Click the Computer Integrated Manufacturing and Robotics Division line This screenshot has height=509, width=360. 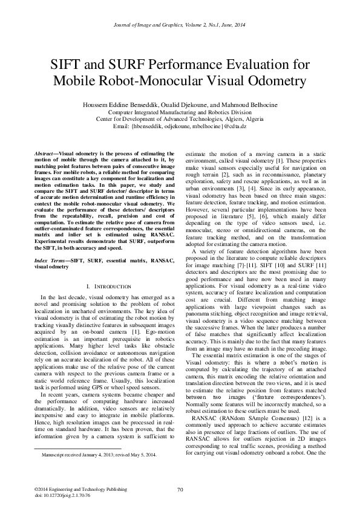tap(180, 112)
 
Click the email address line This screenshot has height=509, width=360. tap(180, 126)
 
